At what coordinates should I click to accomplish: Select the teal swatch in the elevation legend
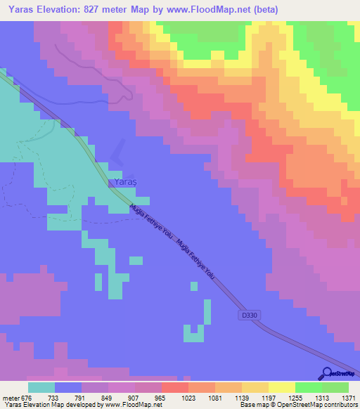(41, 387)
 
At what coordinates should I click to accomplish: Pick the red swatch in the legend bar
(174, 387)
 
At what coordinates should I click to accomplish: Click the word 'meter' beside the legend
(12, 398)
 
